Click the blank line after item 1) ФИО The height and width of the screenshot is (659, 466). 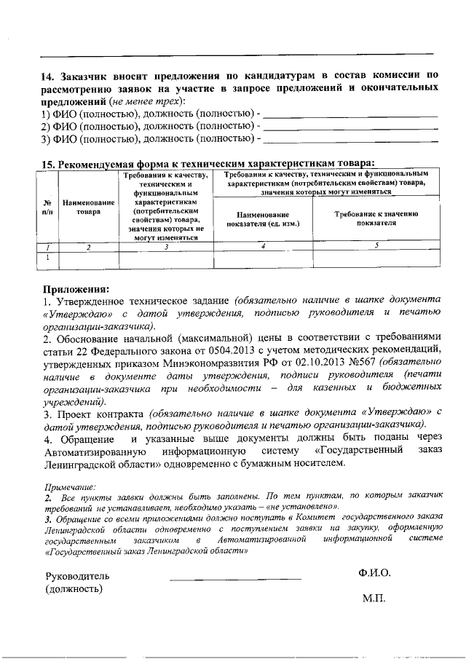[349, 115]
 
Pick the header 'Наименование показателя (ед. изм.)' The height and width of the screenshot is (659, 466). [263, 219]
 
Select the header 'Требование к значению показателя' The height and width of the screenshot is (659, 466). [376, 219]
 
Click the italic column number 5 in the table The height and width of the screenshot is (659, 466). [376, 246]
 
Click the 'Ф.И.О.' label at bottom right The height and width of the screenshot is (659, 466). [374, 573]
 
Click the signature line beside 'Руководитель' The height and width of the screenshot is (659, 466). [235, 579]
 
